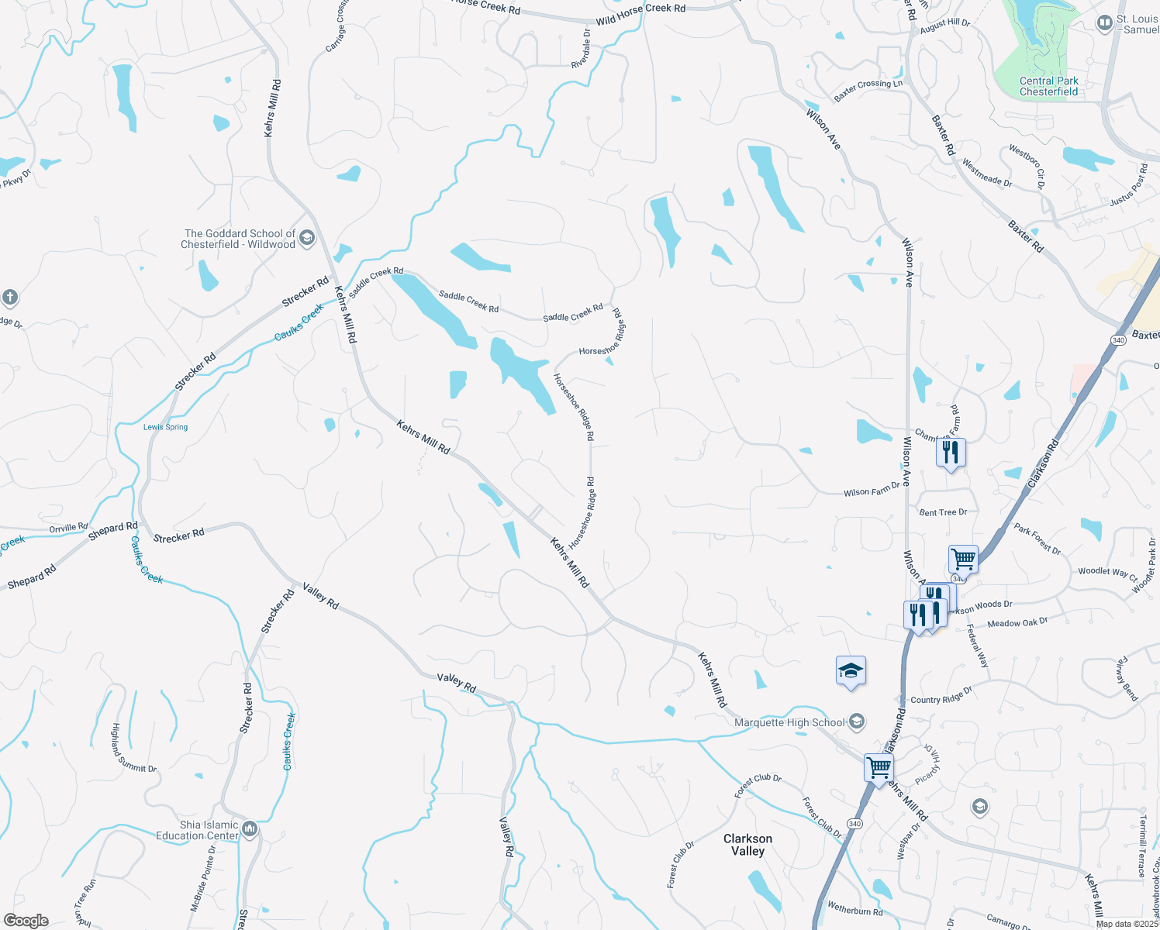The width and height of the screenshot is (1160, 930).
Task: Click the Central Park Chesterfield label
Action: (1048, 86)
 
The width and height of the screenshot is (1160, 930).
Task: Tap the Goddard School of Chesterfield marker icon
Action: (307, 237)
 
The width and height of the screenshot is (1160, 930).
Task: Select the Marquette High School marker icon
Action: (856, 722)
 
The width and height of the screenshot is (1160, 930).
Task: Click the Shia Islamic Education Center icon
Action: (249, 829)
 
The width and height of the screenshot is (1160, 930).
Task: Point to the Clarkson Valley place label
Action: (747, 845)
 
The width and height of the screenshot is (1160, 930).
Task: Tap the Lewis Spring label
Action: (165, 427)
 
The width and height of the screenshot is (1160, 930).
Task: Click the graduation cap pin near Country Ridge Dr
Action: (851, 671)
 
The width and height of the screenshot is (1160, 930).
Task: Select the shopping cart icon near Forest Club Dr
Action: (879, 768)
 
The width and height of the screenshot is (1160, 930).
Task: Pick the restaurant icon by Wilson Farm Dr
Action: (951, 453)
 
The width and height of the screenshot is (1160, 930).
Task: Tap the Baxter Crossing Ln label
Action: (868, 91)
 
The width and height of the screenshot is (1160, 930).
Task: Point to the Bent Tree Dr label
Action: (943, 512)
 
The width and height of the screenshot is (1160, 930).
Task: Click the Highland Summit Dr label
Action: (133, 749)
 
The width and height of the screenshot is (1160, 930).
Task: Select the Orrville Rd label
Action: (69, 528)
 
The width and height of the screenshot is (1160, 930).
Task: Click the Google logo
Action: (26, 921)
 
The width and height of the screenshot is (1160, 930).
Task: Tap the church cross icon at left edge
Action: (9, 298)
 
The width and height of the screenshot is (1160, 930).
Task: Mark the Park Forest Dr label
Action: (1037, 539)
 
